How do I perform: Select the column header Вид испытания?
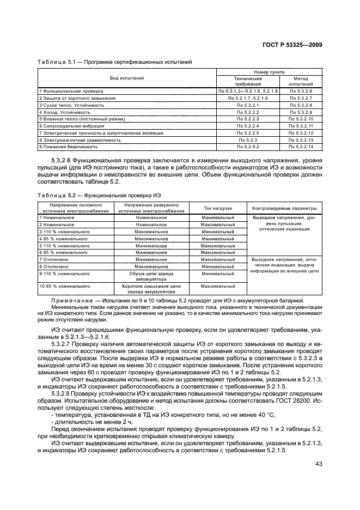pyautogui.click(x=127, y=78)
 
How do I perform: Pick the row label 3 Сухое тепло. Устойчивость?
pyautogui.click(x=68, y=104)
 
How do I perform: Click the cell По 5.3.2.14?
pyautogui.click(x=301, y=147)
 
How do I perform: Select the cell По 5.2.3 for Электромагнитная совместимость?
pyautogui.click(x=248, y=139)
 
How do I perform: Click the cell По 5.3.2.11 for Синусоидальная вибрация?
pyautogui.click(x=301, y=125)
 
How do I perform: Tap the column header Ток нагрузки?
pyautogui.click(x=217, y=208)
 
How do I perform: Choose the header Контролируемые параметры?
pyautogui.click(x=284, y=208)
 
